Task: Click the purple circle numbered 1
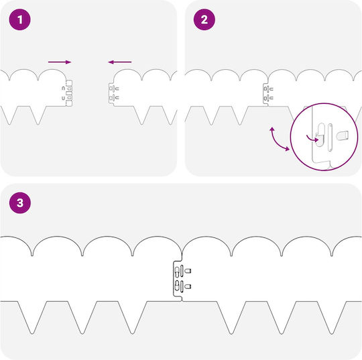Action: (x=20, y=19)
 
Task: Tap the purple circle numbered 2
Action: (x=204, y=19)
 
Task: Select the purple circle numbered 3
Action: (x=20, y=202)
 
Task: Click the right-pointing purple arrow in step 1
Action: (x=60, y=62)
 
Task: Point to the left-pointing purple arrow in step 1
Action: (x=120, y=62)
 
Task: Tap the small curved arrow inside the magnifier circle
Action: (x=312, y=139)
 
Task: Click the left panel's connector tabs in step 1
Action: (x=69, y=93)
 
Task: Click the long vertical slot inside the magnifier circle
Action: (x=330, y=137)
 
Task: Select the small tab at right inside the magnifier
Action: (x=343, y=135)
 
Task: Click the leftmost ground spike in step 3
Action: (x=32, y=318)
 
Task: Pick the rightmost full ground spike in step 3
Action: (x=332, y=318)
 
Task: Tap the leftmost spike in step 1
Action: (x=9, y=115)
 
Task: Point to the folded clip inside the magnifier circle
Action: (x=320, y=135)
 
